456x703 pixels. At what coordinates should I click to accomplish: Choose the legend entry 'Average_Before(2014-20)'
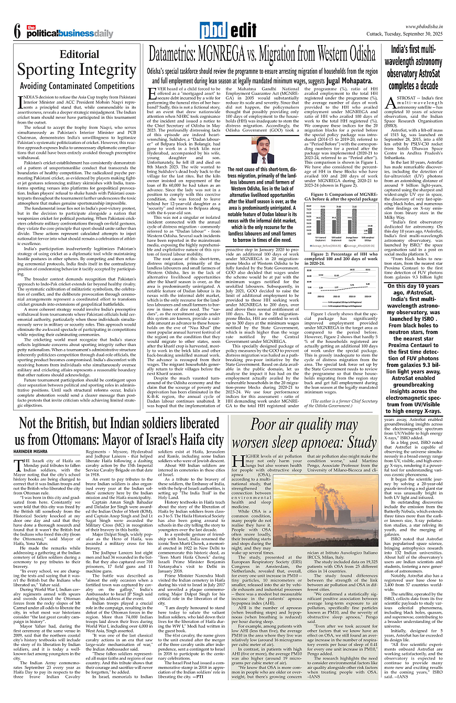(323, 245)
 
